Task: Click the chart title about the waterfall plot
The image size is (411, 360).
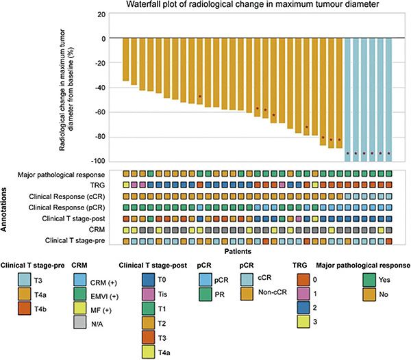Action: click(252, 4)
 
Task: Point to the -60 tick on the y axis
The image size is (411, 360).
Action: click(100, 112)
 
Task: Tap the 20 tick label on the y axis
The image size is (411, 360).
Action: click(101, 14)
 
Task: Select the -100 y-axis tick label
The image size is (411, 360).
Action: click(98, 161)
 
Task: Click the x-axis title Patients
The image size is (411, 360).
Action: click(238, 251)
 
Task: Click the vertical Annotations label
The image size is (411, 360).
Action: click(3, 209)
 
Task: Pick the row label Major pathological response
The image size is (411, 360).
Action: click(61, 175)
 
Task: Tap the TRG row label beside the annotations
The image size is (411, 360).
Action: click(97, 185)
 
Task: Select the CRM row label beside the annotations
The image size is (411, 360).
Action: click(97, 229)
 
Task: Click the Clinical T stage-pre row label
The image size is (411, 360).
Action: click(75, 240)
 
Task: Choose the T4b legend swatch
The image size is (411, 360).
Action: click(25, 309)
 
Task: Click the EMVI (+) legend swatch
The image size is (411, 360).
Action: click(80, 294)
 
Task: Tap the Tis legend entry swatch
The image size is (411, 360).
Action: click(148, 294)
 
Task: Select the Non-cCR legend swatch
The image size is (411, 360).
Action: click(247, 294)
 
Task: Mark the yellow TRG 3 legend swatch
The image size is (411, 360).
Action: click(303, 322)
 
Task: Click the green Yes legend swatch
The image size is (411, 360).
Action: click(369, 280)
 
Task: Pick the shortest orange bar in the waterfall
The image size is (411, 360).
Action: click(126, 60)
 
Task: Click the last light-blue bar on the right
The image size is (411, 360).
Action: click(388, 100)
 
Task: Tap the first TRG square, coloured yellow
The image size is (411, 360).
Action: click(126, 185)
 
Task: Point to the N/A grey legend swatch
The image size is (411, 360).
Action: click(80, 322)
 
